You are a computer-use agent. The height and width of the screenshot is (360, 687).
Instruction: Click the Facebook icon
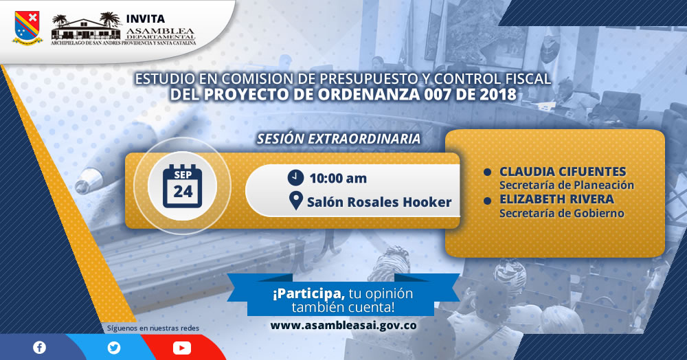[39, 348]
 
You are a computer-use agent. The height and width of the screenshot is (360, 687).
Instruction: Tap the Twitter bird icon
[114, 348]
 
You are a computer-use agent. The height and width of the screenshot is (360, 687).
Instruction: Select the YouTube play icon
[182, 348]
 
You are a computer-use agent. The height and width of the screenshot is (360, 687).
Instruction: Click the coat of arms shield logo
[27, 27]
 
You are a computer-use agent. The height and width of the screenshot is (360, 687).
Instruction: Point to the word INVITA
[146, 19]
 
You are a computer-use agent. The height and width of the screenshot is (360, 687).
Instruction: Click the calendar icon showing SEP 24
[182, 186]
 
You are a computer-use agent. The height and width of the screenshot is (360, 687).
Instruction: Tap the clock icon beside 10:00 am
[295, 177]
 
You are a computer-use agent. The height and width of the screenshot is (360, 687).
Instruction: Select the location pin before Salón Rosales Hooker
[295, 201]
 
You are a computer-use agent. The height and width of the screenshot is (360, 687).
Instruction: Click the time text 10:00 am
[338, 179]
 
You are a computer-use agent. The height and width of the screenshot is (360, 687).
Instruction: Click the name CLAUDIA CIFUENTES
[563, 172]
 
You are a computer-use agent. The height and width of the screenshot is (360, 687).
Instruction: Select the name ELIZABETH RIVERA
[557, 199]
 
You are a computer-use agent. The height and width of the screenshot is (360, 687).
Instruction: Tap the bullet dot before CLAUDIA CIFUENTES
[487, 172]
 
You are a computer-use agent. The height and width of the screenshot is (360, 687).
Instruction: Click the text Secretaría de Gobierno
[562, 213]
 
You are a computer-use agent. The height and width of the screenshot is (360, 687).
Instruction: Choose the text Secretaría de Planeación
[567, 185]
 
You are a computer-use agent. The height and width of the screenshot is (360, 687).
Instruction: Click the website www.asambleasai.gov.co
[343, 326]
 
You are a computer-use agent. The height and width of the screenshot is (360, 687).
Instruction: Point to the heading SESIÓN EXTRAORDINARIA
[339, 139]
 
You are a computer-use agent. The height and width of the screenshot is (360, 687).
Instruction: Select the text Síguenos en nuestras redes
[153, 328]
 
